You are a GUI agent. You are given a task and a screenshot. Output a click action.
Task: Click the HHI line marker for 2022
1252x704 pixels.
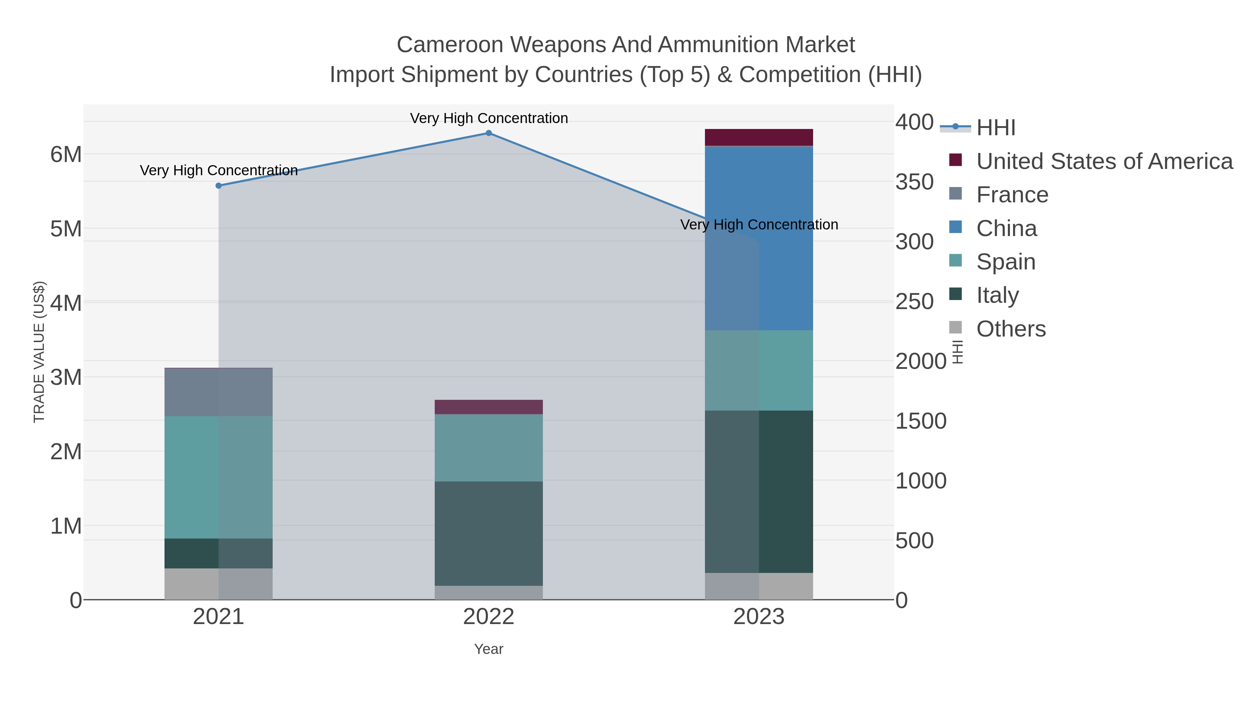(x=489, y=133)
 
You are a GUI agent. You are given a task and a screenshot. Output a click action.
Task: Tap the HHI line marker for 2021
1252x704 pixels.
(x=219, y=186)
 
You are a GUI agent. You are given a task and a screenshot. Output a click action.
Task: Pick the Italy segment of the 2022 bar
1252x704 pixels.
(x=489, y=533)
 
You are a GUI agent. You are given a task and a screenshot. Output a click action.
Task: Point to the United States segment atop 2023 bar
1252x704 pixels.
(x=759, y=137)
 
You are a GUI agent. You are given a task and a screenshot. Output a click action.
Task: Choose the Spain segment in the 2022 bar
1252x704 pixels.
(x=489, y=447)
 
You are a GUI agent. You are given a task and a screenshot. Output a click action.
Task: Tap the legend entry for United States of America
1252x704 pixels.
(x=1103, y=161)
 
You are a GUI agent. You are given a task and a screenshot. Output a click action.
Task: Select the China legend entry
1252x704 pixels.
(x=1006, y=228)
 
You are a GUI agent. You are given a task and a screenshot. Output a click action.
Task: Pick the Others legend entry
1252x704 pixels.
(x=1011, y=329)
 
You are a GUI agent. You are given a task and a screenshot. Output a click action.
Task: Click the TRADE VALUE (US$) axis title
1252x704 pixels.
(x=39, y=352)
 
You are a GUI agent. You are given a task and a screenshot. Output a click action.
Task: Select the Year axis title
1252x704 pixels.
(x=489, y=649)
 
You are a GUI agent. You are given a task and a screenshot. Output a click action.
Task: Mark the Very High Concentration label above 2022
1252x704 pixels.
(x=489, y=118)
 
